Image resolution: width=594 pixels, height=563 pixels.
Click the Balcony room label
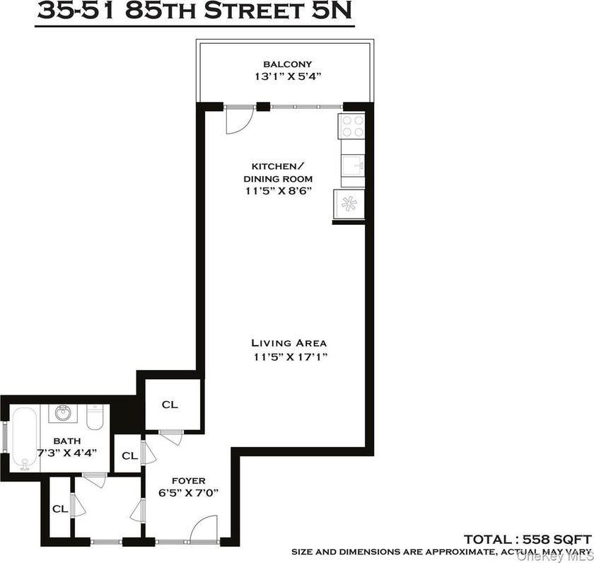pyautogui.click(x=288, y=64)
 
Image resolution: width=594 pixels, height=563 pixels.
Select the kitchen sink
pyautogui.click(x=353, y=166)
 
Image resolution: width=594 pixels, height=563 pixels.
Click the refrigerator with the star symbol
pyautogui.click(x=349, y=204)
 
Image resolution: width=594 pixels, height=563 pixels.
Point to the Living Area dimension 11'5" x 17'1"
pyautogui.click(x=291, y=357)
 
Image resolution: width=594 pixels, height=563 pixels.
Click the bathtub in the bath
pyautogui.click(x=25, y=439)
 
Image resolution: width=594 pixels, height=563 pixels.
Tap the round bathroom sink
pyautogui.click(x=63, y=412)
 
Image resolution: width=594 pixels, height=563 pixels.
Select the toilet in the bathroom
pyautogui.click(x=95, y=417)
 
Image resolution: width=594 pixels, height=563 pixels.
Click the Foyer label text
pyautogui.click(x=189, y=481)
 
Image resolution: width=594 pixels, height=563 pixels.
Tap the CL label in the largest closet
pyautogui.click(x=170, y=405)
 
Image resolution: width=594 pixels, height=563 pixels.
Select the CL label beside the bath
pyautogui.click(x=130, y=455)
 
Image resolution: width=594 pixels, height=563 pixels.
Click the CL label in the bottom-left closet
pyautogui.click(x=60, y=509)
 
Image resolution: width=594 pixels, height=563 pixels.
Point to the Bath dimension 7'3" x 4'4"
pyautogui.click(x=67, y=453)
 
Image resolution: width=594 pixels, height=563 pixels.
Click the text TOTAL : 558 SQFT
pyautogui.click(x=528, y=539)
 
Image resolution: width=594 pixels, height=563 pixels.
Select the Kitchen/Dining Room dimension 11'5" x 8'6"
pyautogui.click(x=279, y=190)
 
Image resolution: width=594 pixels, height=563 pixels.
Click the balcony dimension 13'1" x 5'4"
pyautogui.click(x=288, y=76)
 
